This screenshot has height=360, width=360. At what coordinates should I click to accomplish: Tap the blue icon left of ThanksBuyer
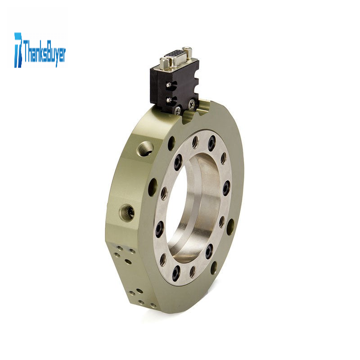point(18,50)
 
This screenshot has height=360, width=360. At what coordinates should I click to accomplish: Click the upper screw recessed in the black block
point(170,85)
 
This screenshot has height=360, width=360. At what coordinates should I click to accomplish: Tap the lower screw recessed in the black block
point(170,100)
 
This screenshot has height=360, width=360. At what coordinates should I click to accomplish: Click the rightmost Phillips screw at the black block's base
point(192,104)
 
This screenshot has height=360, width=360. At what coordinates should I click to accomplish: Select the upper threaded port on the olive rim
point(145,148)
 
